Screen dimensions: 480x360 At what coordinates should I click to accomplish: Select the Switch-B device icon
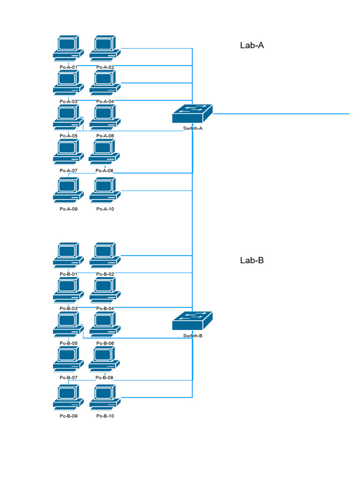tap(192, 321)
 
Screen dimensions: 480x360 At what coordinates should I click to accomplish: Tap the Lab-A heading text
tap(252, 45)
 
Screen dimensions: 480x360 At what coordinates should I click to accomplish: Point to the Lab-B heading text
tap(252, 260)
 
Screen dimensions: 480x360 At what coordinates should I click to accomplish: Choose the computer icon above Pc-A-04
tap(105, 83)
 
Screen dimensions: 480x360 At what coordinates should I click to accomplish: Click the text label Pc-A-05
tap(68, 136)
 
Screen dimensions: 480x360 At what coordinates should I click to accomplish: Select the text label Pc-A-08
tap(105, 171)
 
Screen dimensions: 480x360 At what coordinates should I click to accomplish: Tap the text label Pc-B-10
tap(105, 416)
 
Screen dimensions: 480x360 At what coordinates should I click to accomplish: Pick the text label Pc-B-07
tap(68, 377)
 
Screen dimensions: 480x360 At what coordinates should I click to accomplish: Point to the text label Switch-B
tap(193, 336)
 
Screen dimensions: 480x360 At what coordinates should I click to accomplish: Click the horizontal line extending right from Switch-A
tap(281, 113)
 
